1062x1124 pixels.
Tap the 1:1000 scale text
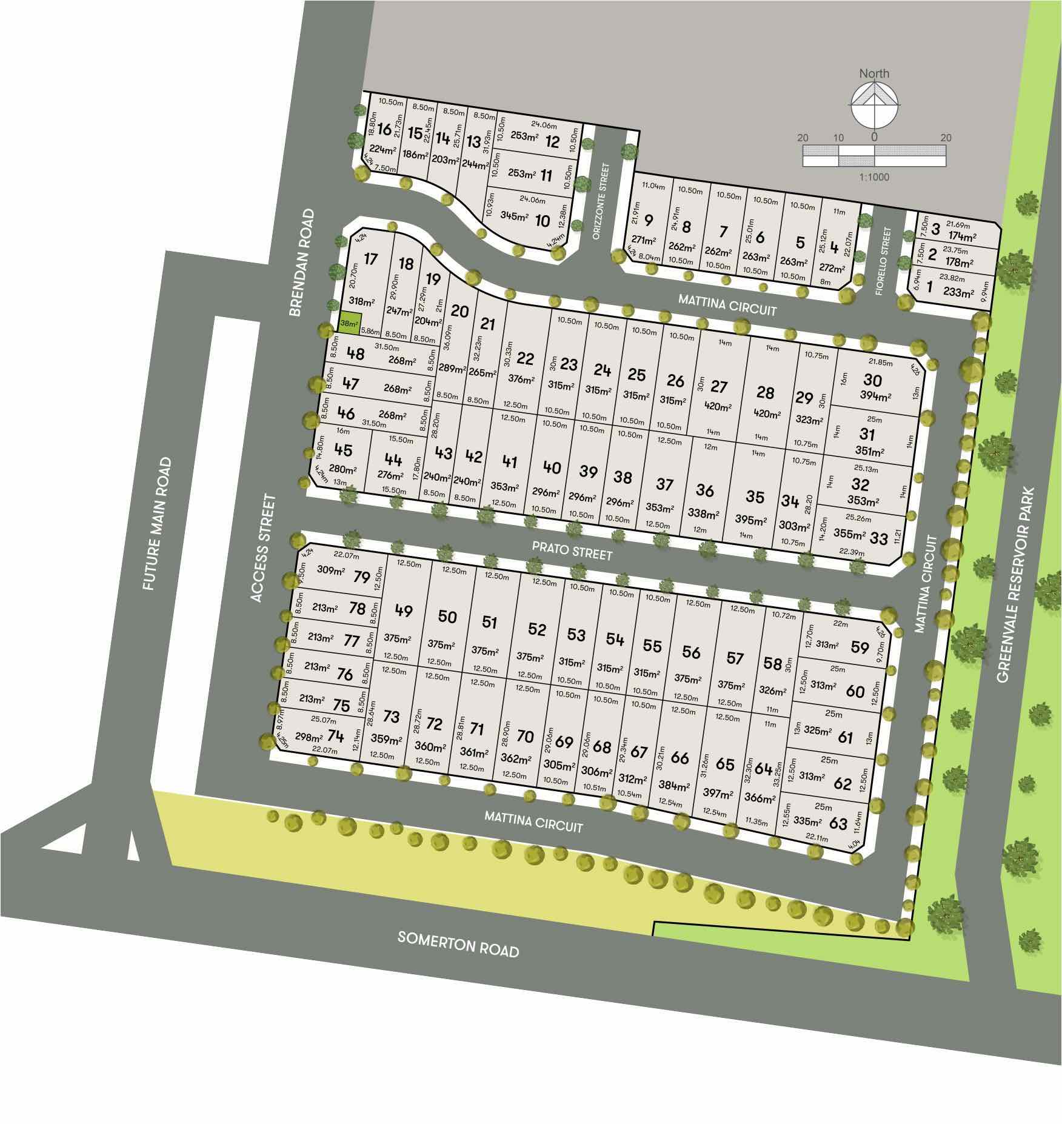pos(873,178)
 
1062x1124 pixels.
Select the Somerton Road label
pos(458,944)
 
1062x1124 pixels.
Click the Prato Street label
pos(572,550)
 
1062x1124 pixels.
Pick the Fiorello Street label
pos(886,261)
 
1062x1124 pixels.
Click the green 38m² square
pos(349,323)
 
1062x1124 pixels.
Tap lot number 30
pos(872,380)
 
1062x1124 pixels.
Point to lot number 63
pos(838,823)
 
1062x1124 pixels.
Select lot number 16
pos(384,129)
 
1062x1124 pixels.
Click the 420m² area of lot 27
pos(716,407)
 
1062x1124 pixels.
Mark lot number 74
pos(335,736)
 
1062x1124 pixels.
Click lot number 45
pos(342,450)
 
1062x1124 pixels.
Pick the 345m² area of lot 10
pos(514,215)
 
